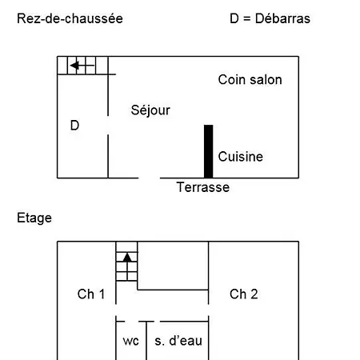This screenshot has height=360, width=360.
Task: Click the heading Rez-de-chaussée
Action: point(70,18)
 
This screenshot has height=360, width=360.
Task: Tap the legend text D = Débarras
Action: point(270,18)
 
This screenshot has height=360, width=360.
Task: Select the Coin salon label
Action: point(250,80)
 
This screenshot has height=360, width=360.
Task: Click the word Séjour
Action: point(150,110)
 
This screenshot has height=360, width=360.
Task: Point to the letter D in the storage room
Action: point(74,126)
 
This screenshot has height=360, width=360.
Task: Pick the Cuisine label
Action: point(241,157)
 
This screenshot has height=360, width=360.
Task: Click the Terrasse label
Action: point(203,187)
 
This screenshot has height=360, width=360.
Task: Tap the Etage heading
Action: point(34,218)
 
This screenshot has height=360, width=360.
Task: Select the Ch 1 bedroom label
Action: point(91,294)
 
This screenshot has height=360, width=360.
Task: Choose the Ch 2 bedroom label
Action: point(244,294)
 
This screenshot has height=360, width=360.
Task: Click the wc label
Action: point(130,342)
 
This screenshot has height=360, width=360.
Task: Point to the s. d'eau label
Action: point(178,341)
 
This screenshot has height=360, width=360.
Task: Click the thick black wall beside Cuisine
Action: point(209,151)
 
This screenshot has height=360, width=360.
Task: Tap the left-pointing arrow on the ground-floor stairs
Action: point(82,66)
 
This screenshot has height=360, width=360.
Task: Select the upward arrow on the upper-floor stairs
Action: point(127,266)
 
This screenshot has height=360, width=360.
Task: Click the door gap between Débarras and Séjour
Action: point(108,126)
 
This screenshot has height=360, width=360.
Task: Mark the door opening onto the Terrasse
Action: point(150,178)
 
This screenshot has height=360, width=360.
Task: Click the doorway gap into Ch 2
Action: point(209,310)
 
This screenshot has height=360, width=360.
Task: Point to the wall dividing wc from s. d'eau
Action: point(146,341)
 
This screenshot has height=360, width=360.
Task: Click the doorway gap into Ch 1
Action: point(116,310)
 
